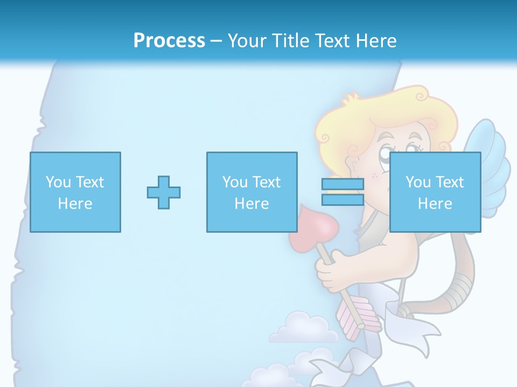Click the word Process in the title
pos(169,41)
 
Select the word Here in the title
pos(375,41)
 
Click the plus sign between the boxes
pos(164,192)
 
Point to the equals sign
pos(343,192)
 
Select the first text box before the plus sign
pos(75,192)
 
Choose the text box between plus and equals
pos(251,192)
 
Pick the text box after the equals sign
pos(435,192)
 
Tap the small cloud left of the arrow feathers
pos(302,328)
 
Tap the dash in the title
pos(216,41)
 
